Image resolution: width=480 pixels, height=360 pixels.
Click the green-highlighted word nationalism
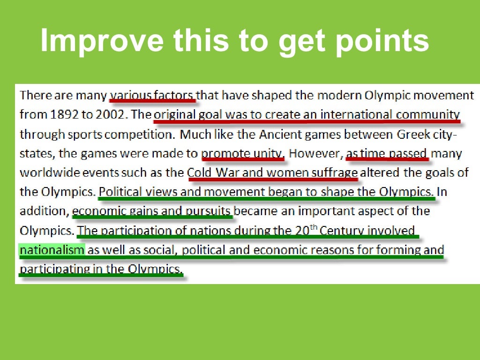coord(52,250)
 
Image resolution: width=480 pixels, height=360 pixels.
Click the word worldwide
coord(52,172)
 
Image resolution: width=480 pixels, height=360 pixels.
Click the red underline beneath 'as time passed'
coord(387,159)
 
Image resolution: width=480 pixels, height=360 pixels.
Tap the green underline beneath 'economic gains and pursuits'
coord(152,217)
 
